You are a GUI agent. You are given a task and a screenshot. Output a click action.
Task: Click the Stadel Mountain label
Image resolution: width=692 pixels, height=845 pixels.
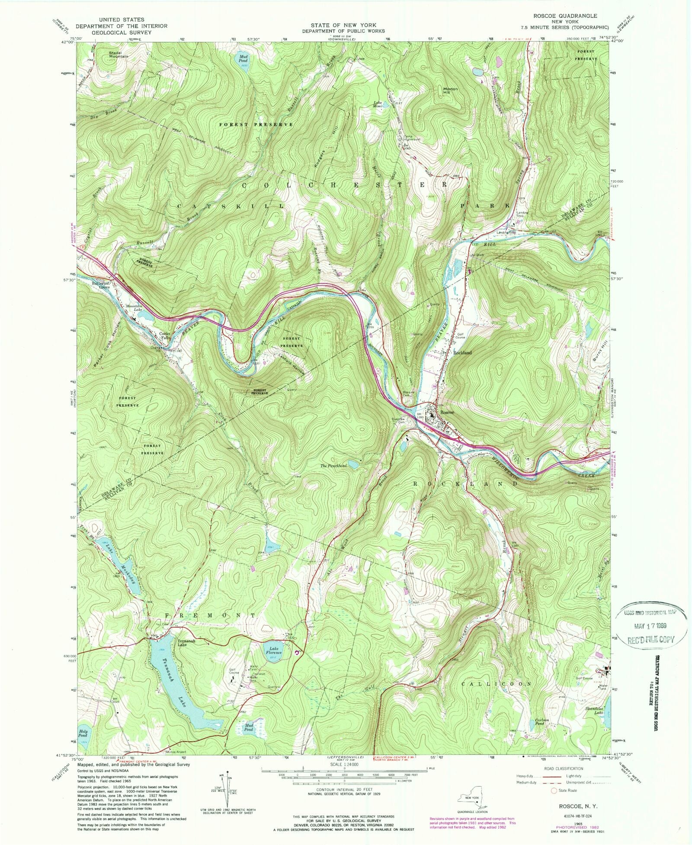click(x=118, y=54)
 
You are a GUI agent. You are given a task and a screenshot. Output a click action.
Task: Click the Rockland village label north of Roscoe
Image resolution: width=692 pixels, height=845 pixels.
click(x=462, y=352)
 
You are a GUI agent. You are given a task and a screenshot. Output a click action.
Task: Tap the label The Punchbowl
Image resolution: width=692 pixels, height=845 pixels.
click(x=333, y=466)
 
